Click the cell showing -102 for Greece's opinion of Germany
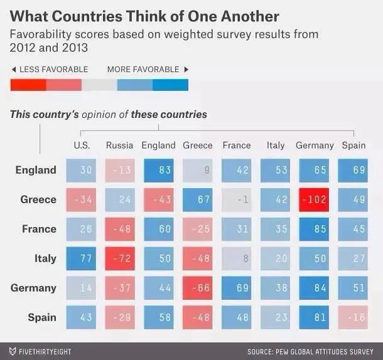click(x=315, y=199)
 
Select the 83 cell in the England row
click(x=158, y=170)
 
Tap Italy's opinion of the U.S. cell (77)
click(x=81, y=258)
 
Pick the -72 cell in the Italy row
click(x=119, y=258)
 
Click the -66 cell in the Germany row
click(x=198, y=288)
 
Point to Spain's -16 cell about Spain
click(x=353, y=317)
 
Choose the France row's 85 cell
click(x=315, y=229)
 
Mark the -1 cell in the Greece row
click(x=237, y=199)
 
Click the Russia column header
click(x=119, y=146)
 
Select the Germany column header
click(x=315, y=146)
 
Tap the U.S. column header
click(x=82, y=146)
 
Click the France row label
click(x=39, y=229)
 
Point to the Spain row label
click(x=42, y=317)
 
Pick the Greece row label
click(x=38, y=199)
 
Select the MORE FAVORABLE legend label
click(x=143, y=70)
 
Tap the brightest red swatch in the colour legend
click(x=28, y=85)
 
